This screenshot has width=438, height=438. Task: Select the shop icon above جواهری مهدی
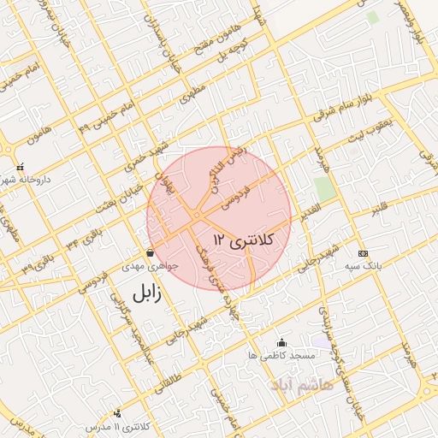[x=151, y=253]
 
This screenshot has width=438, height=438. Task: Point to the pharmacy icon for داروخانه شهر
[x=21, y=167]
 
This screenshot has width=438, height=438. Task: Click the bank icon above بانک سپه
[x=363, y=253]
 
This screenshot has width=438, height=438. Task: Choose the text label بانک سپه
[x=363, y=267]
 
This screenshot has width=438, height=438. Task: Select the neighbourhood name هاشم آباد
[x=296, y=387]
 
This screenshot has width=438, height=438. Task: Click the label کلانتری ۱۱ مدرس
[x=120, y=426]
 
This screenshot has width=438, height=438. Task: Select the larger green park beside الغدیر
[x=324, y=189]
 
